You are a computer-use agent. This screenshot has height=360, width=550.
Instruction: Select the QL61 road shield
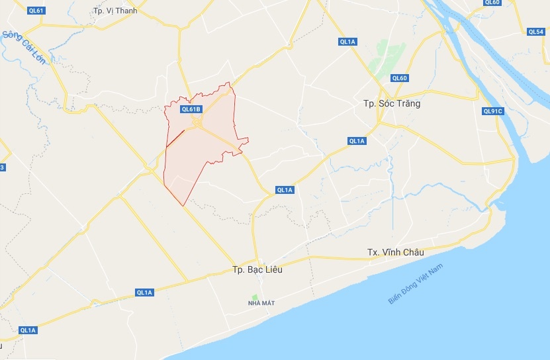pos(36,11)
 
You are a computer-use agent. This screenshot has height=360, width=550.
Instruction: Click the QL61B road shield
pos(190,109)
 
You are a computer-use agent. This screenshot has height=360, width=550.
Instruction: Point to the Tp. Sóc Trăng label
pos(392,104)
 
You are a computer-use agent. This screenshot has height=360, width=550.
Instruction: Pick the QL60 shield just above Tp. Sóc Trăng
pos(399,78)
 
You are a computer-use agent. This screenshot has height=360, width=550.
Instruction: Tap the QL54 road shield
pos(536,32)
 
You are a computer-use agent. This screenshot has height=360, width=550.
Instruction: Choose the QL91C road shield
pos(493,111)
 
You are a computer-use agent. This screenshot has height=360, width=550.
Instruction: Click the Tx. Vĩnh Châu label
pos(395,252)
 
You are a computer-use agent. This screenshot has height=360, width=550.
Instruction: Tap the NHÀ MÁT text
pos(261,303)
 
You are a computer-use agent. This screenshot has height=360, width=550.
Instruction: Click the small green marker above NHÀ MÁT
pos(253,295)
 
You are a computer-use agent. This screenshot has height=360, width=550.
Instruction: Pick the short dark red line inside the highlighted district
pos(175,138)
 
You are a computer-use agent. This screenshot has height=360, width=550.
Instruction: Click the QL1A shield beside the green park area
pos(348,42)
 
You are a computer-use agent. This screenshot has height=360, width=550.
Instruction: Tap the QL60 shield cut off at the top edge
pos(492,3)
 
